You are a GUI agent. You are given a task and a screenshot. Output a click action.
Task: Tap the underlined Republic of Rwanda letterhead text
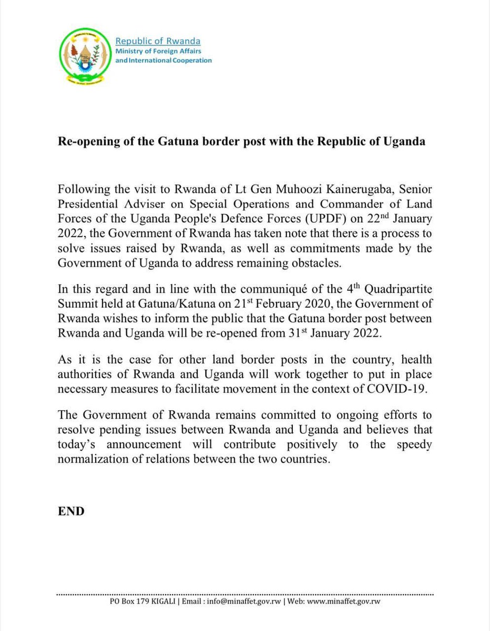point(158,41)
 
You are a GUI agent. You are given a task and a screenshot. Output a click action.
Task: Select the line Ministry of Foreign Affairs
point(158,51)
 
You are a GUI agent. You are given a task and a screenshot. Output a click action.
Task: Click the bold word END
point(71,511)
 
